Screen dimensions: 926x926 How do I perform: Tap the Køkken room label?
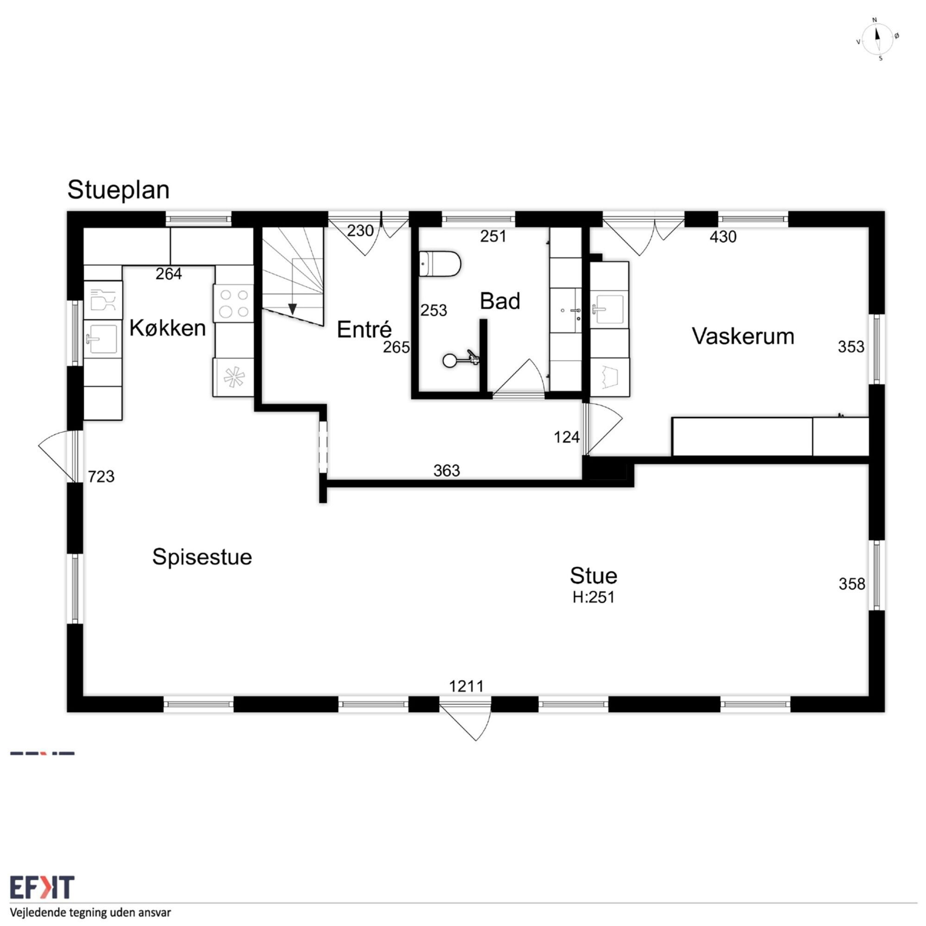168,328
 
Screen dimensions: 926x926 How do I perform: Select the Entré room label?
364,329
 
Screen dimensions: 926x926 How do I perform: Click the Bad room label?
500,301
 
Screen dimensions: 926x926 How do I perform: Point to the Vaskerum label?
743,336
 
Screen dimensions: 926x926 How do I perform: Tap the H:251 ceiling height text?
594,597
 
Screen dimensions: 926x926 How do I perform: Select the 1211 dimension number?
466,686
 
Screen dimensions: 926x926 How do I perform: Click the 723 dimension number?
101,476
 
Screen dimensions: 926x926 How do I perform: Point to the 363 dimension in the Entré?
447,471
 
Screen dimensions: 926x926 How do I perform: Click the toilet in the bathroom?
440,263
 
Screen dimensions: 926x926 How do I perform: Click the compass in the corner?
877,40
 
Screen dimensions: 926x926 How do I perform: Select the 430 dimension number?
723,236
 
